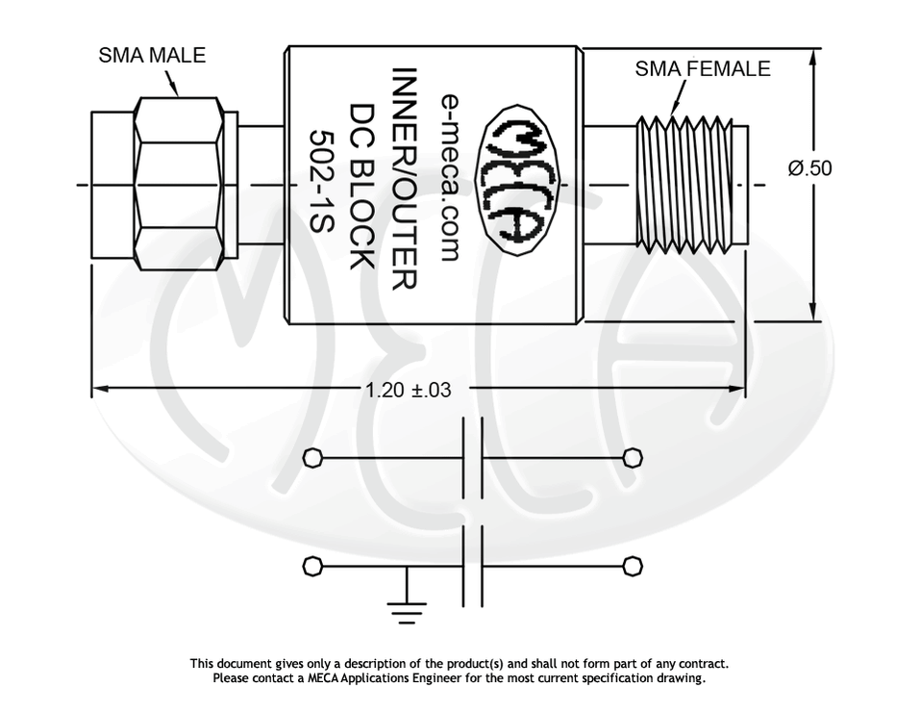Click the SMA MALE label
[x=152, y=55]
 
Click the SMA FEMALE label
[x=703, y=68]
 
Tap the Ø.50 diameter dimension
[x=809, y=168]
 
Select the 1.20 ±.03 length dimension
[x=408, y=390]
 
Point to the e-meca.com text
[x=450, y=177]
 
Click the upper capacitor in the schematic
[x=472, y=458]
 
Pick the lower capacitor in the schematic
[x=472, y=566]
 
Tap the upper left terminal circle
[x=312, y=458]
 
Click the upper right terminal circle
[x=632, y=458]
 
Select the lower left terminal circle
[x=312, y=566]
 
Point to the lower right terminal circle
[x=632, y=566]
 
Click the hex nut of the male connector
[x=178, y=183]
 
